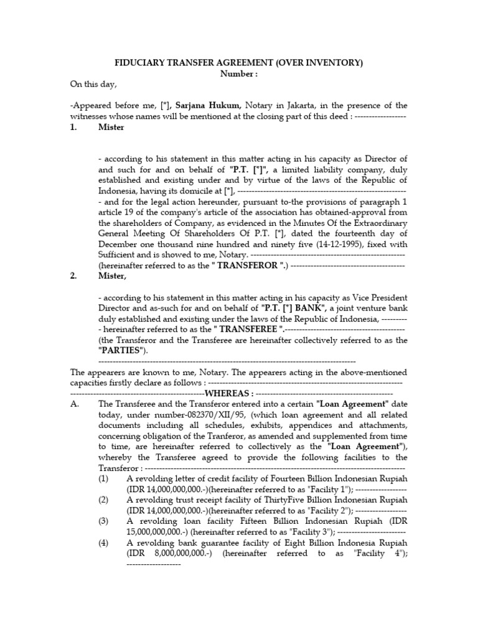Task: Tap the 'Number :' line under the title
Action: coord(239,74)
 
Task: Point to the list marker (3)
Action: coord(103,521)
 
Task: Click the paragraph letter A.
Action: coord(74,404)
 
